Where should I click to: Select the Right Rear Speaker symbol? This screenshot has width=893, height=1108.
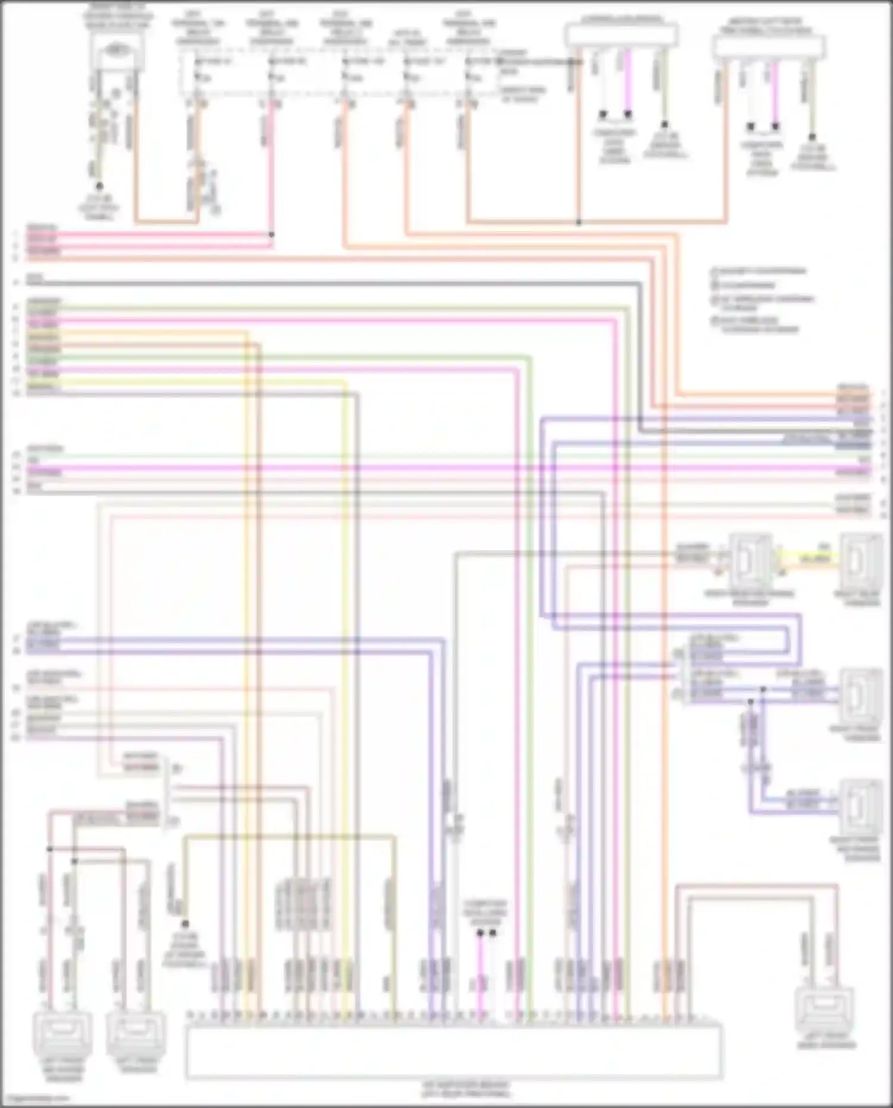861,560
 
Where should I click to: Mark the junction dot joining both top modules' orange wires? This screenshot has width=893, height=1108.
579,223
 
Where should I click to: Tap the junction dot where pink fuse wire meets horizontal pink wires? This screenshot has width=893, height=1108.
271,235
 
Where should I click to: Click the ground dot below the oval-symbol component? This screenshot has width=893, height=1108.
99,186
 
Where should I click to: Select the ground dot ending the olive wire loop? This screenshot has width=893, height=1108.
185,924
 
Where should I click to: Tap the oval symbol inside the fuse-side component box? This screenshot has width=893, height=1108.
117,51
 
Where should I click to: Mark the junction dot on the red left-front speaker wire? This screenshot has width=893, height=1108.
50,849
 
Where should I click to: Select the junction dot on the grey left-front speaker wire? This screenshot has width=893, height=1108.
74,861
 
